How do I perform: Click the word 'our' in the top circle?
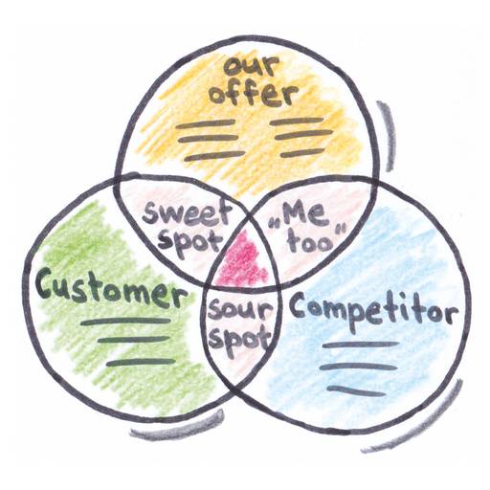click(x=252, y=65)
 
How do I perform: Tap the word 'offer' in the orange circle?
click(x=254, y=92)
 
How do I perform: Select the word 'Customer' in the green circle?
click(x=112, y=289)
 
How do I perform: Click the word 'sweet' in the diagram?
click(x=187, y=213)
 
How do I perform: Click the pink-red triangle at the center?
click(x=241, y=261)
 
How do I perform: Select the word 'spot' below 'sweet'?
click(x=189, y=241)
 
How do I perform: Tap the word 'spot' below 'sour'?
click(x=240, y=340)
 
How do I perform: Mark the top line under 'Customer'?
click(x=125, y=322)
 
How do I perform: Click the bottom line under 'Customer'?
click(x=141, y=363)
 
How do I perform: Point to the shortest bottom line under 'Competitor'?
click(x=356, y=390)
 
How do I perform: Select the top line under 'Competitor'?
click(x=361, y=345)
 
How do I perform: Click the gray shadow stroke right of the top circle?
click(x=388, y=135)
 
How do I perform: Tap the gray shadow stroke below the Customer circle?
click(x=179, y=429)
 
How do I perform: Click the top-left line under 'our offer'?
click(x=205, y=124)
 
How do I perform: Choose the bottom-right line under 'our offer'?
click(x=302, y=152)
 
